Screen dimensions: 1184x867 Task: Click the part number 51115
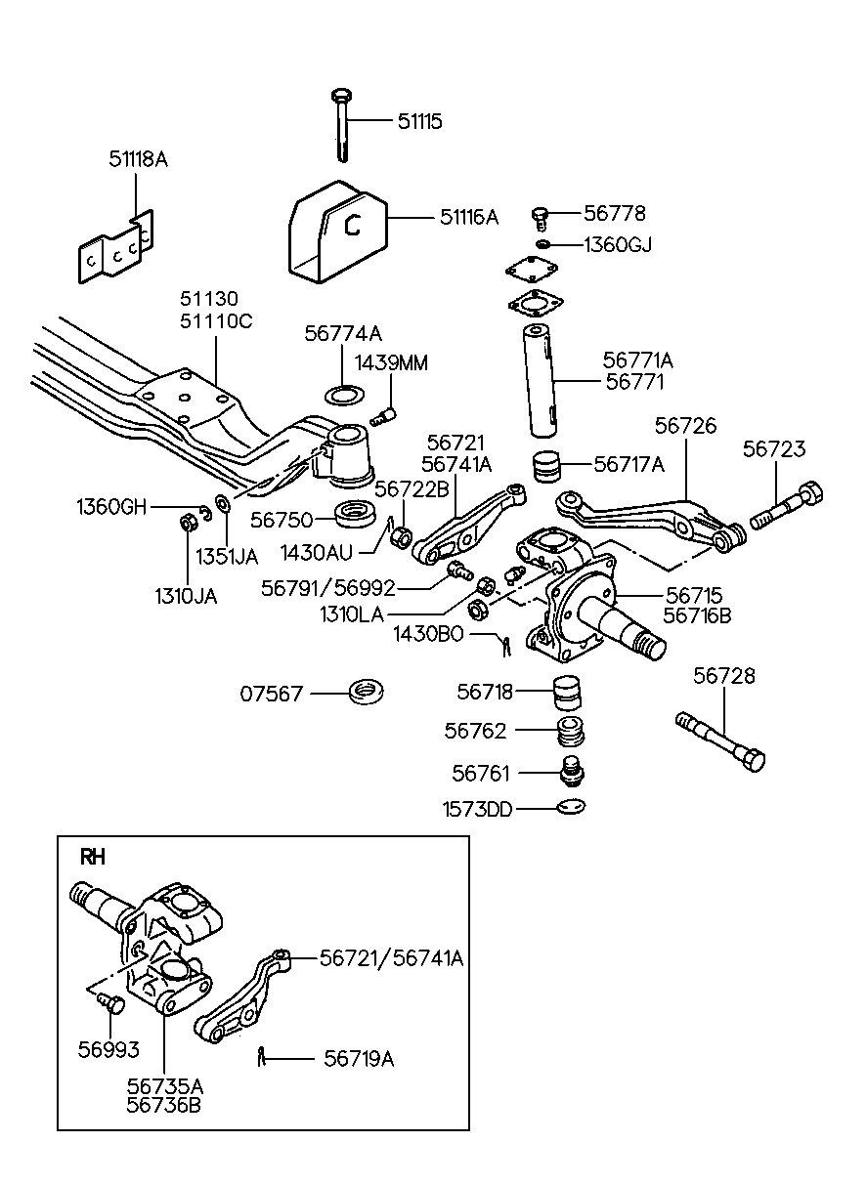click(419, 121)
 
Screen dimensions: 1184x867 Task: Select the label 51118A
click(138, 158)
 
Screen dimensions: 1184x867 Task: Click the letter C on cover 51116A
click(353, 226)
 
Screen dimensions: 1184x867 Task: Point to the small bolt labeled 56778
click(541, 216)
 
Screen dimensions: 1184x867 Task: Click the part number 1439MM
click(391, 363)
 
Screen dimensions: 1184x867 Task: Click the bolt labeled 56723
click(786, 507)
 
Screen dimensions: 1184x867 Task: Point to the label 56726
click(685, 426)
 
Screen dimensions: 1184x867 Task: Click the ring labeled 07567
click(367, 693)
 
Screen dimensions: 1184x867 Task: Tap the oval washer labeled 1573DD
click(570, 808)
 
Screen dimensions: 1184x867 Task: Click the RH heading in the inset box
click(92, 857)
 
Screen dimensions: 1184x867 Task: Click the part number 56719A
click(358, 1059)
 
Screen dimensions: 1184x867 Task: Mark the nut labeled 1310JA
click(187, 523)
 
